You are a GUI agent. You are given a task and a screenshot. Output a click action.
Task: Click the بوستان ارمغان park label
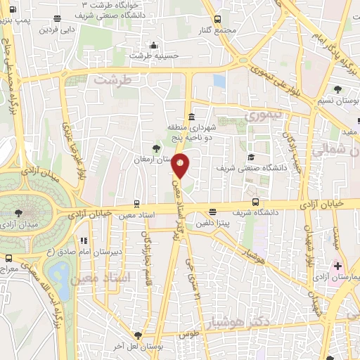(x=153, y=160)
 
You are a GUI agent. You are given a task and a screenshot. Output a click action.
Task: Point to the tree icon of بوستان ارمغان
(x=155, y=148)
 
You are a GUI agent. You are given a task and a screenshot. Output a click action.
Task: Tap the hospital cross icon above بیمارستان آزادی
(x=337, y=266)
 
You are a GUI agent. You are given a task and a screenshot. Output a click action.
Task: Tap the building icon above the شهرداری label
(x=191, y=116)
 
